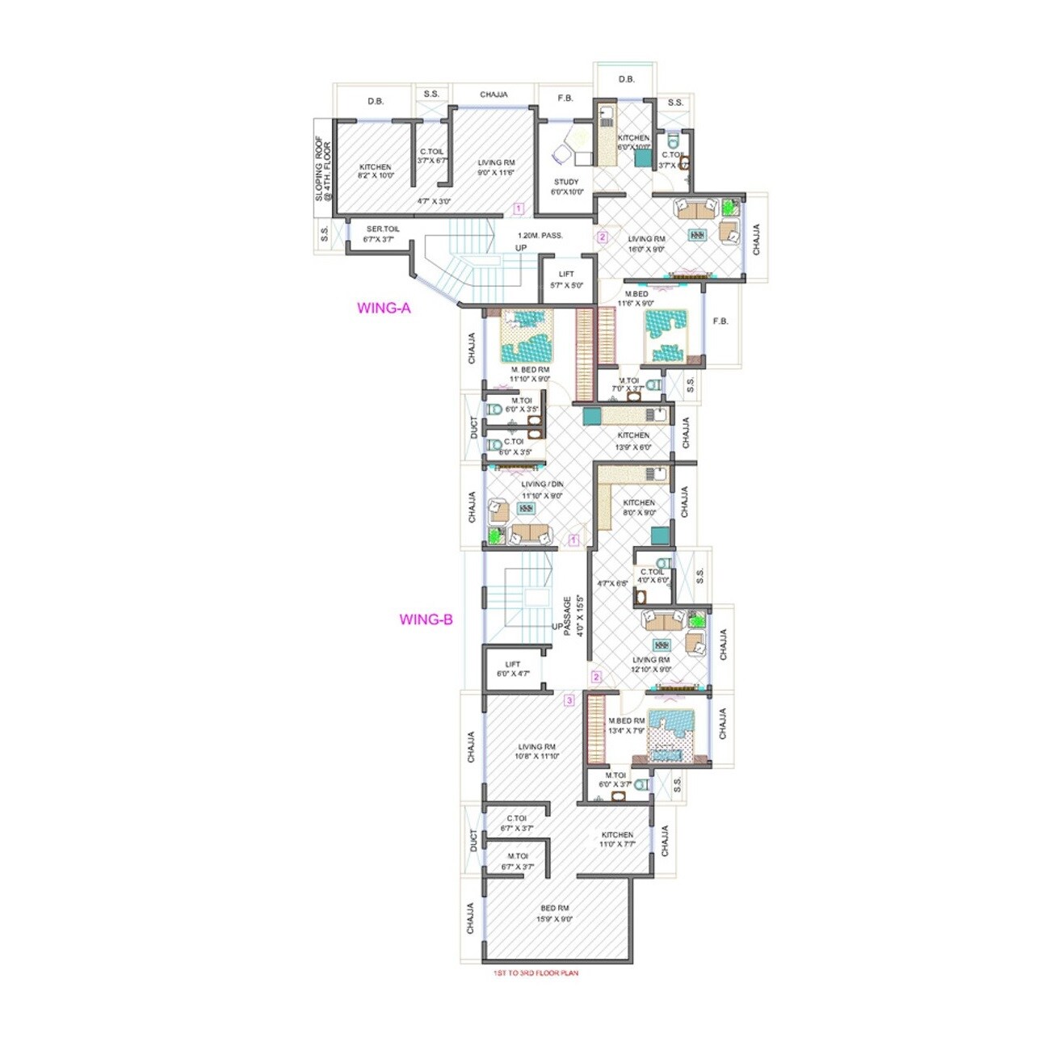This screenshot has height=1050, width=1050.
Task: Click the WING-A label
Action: [384, 308]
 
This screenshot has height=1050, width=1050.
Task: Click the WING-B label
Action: [426, 620]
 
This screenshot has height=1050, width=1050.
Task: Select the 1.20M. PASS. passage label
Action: [540, 236]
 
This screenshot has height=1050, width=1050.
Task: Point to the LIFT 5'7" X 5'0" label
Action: [566, 279]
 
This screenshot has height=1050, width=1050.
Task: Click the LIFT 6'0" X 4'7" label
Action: [512, 669]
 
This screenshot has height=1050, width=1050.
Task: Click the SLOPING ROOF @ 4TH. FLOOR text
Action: [323, 172]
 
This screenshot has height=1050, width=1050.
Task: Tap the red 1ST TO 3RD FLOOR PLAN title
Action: [535, 973]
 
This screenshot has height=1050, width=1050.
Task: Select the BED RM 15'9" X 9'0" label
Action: [554, 913]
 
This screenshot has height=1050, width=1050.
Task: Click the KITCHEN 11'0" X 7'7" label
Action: [617, 839]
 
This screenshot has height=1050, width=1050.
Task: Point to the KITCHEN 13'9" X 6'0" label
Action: [633, 441]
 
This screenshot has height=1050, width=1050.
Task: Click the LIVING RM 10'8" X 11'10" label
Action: [537, 752]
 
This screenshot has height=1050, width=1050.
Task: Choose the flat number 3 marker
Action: [569, 701]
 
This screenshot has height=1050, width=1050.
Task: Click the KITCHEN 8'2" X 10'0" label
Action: [375, 171]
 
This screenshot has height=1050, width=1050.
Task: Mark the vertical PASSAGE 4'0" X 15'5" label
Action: [572, 616]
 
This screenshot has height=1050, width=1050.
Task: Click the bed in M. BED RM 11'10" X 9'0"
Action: [527, 336]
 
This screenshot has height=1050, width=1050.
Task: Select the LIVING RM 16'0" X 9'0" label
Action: [646, 244]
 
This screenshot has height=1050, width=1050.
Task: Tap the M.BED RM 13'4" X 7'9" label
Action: [626, 725]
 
